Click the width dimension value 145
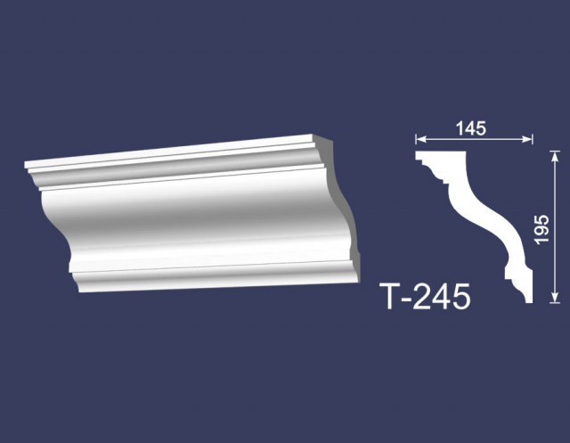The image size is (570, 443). [471, 128]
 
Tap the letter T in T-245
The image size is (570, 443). [391, 297]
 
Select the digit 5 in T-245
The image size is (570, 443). [460, 297]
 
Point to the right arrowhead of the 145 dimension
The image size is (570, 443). [527, 138]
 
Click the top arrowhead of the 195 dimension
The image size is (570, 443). [554, 156]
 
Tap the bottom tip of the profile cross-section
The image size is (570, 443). [529, 302]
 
